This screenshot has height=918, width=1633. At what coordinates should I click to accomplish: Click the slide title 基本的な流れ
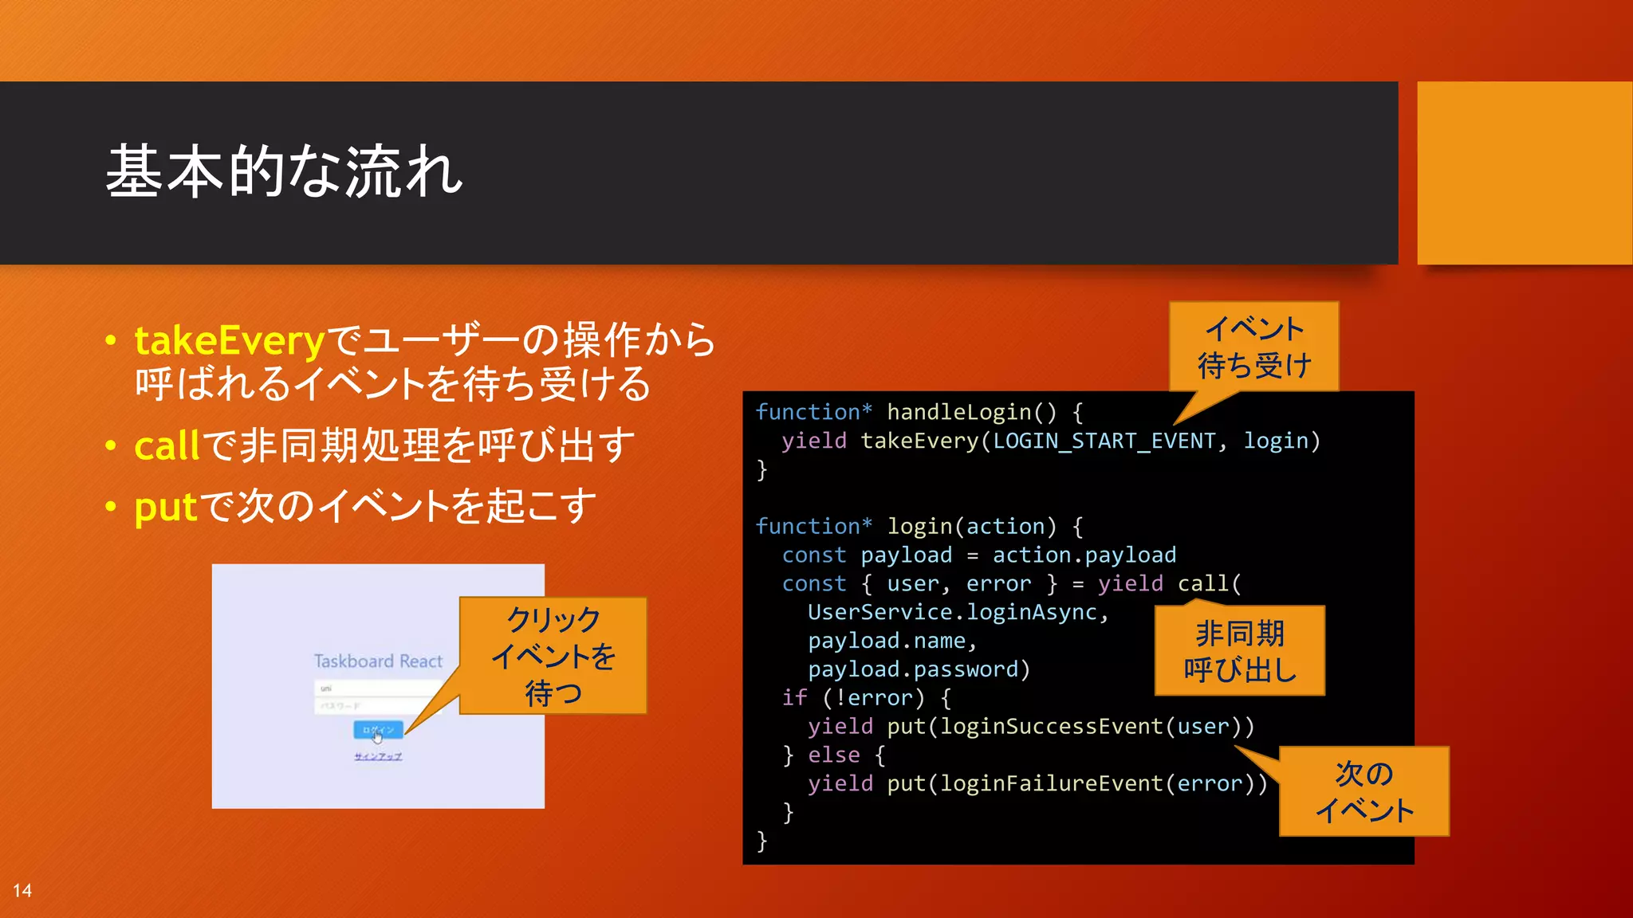(284, 172)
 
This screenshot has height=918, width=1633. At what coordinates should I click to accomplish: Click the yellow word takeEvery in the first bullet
(229, 341)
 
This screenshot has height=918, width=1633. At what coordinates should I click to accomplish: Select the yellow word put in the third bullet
(165, 507)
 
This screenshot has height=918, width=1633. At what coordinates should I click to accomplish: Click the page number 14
(22, 891)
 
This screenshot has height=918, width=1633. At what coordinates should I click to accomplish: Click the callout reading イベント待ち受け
(1253, 347)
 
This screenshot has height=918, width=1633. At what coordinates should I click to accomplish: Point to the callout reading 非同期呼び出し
(1240, 651)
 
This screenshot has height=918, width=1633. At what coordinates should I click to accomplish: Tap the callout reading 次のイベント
(1363, 791)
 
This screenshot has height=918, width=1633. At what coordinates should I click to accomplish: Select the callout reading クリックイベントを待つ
(553, 655)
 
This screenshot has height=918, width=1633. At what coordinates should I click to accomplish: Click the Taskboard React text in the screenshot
(378, 661)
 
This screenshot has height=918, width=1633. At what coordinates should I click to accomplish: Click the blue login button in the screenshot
(378, 729)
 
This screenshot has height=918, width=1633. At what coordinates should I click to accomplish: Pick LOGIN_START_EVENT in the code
(1104, 441)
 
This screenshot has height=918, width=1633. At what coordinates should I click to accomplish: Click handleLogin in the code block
(959, 412)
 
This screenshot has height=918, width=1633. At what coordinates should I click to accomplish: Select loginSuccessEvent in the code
(1051, 726)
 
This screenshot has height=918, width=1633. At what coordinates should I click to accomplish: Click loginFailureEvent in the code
(1051, 783)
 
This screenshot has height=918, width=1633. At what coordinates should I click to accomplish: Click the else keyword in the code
(833, 755)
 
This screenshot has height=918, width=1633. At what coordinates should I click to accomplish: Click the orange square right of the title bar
(1524, 173)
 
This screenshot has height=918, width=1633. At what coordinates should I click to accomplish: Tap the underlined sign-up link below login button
(378, 756)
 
